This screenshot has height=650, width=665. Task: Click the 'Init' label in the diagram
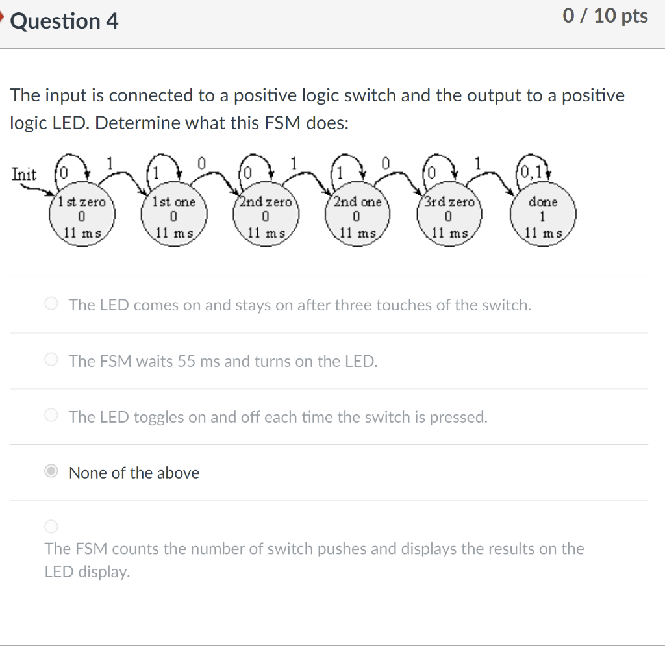coord(24,174)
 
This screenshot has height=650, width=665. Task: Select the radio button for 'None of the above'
coord(52,472)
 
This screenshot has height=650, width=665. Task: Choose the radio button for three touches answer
coord(52,305)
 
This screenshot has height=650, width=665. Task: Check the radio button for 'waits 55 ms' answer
coord(52,360)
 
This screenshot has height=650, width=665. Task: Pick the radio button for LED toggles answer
coord(52,416)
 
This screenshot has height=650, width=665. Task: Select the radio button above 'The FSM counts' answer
coord(52,525)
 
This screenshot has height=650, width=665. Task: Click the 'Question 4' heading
coord(65,21)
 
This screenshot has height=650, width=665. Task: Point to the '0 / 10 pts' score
coord(605,16)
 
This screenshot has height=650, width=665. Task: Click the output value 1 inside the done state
coord(543,217)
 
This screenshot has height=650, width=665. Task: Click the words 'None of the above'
coord(134,473)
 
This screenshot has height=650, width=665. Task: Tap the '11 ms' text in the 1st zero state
coord(82,231)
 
